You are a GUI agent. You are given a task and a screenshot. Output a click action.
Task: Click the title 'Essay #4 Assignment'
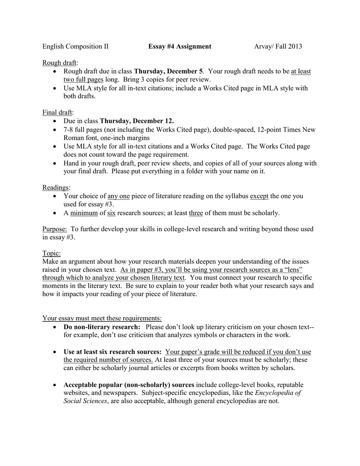[x=179, y=46]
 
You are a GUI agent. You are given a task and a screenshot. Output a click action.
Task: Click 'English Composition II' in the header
[x=76, y=46]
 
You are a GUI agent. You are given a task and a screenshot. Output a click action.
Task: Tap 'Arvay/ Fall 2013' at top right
[x=278, y=46]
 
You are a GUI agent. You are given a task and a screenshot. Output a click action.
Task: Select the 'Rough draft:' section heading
[x=60, y=62]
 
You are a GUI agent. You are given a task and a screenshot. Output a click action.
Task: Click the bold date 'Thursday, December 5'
[x=168, y=71]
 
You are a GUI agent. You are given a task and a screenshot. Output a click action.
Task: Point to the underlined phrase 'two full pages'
[x=84, y=80]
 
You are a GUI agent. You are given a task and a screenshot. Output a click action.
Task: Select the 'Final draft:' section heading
[x=58, y=112]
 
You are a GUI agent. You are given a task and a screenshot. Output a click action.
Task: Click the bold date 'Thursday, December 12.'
[x=137, y=121]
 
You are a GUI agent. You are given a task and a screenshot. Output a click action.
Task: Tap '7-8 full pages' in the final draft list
[x=83, y=130]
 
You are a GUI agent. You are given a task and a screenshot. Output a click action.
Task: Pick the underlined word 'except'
[x=259, y=196]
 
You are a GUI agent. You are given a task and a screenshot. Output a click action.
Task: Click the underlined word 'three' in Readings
[x=196, y=213]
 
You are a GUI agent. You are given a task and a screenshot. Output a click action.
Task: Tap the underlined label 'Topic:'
[x=51, y=253]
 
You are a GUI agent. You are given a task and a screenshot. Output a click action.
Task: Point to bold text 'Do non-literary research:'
[x=102, y=327]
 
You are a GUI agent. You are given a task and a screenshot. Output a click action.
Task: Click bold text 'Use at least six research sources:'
[x=112, y=352]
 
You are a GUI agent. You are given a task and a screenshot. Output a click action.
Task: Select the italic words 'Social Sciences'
[x=85, y=401]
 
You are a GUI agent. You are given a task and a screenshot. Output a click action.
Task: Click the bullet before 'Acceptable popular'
[x=55, y=385]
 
